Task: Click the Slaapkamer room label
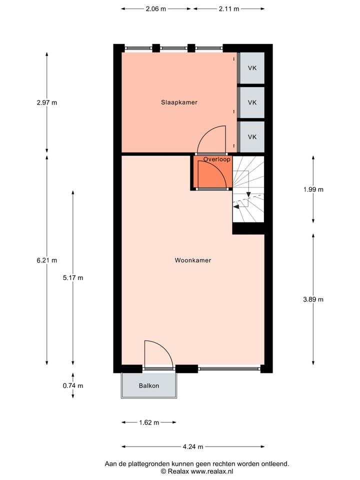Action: tap(179, 102)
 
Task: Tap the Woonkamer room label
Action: tap(193, 260)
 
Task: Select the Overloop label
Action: tap(217, 159)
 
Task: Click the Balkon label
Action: tap(149, 385)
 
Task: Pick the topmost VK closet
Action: tap(252, 67)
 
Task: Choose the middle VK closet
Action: tap(252, 102)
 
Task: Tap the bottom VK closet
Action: tap(252, 137)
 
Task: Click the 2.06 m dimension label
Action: tap(156, 9)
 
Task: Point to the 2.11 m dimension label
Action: tap(228, 9)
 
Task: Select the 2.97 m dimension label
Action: tap(47, 103)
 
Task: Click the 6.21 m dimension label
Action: tap(47, 260)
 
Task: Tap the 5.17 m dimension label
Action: tap(73, 278)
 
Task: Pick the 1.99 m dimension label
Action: tap(313, 189)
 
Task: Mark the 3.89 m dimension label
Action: tap(313, 299)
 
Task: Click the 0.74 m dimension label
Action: tap(73, 385)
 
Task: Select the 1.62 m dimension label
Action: tap(148, 422)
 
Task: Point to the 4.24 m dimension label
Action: tap(193, 447)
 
